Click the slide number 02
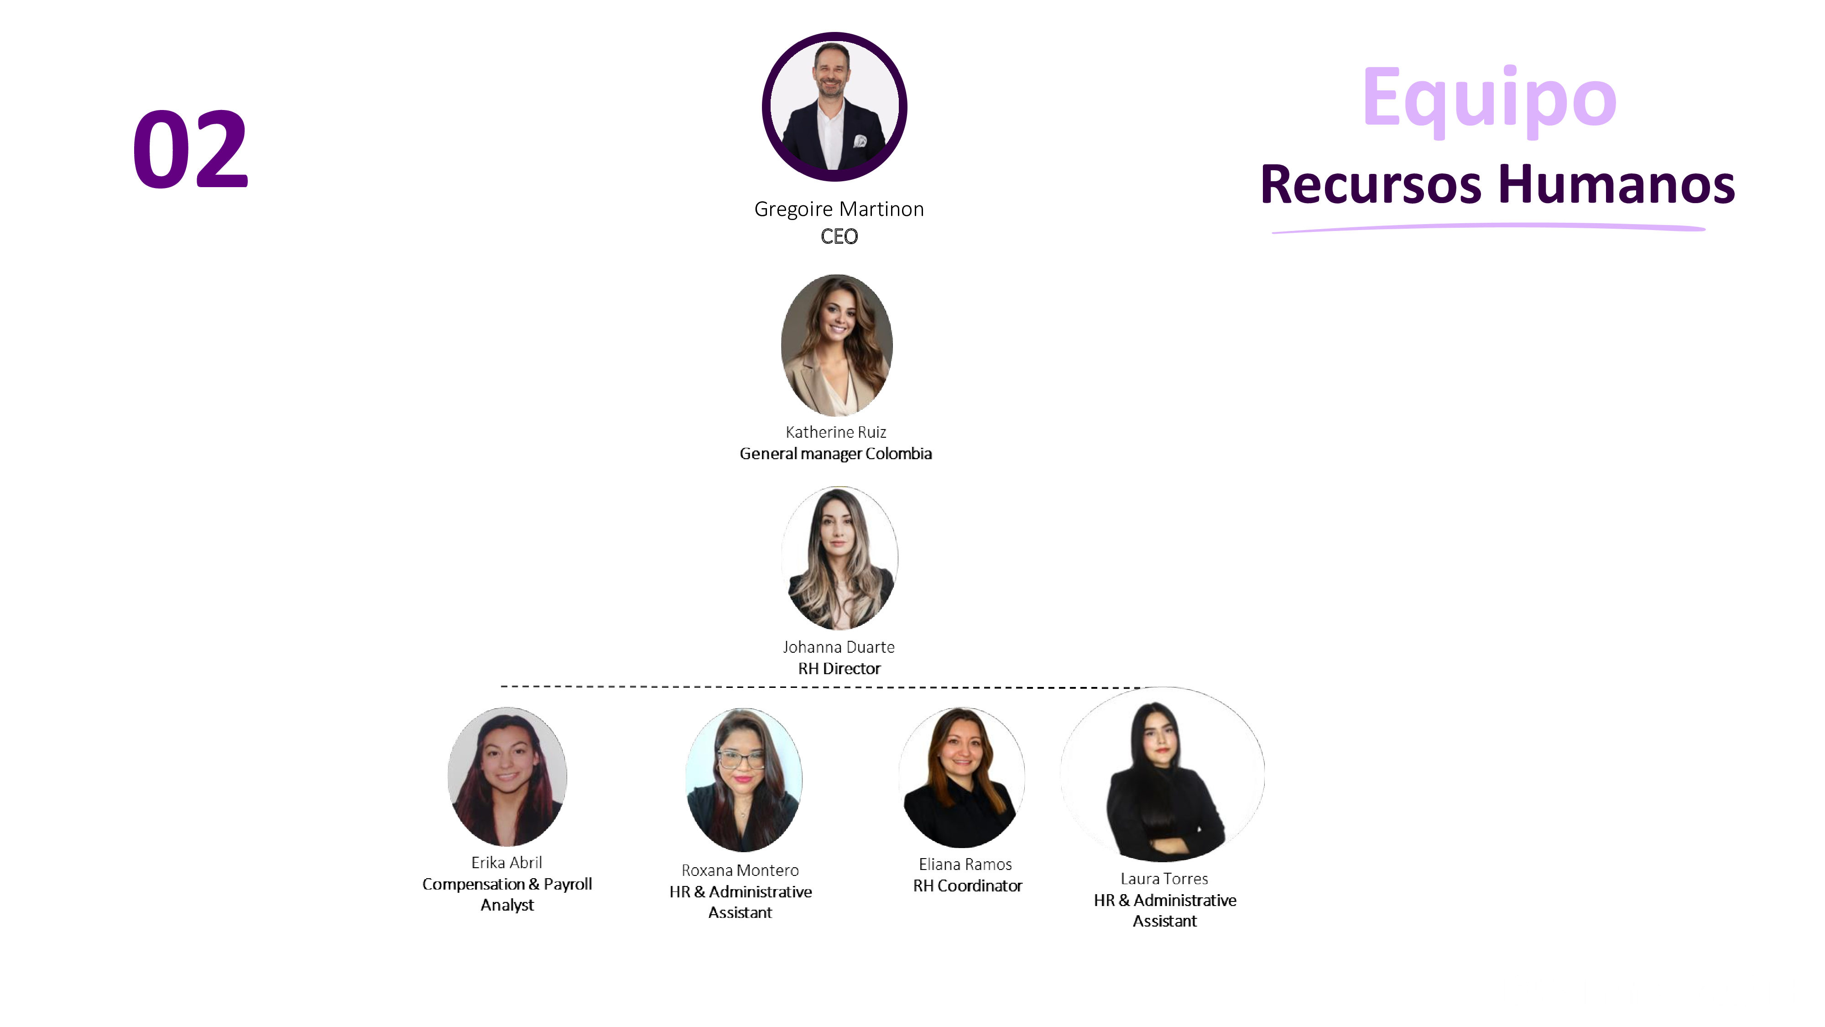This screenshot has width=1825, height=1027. pos(190,150)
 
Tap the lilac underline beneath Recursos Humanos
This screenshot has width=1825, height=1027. pos(1488,227)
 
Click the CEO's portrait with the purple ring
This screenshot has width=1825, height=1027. pos(834,106)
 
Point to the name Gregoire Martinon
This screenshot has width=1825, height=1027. pos(839,209)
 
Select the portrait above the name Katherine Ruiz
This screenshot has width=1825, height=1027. pos(837,345)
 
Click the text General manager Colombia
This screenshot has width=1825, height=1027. pos(835,454)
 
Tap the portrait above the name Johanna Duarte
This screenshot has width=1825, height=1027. pos(839,558)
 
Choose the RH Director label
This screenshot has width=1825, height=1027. pos(839,668)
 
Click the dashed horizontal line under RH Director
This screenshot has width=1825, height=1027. pos(709,686)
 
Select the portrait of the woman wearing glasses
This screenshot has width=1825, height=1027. pos(743,780)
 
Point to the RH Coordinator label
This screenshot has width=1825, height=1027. pos(967,886)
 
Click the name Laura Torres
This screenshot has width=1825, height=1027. pos(1164,879)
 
